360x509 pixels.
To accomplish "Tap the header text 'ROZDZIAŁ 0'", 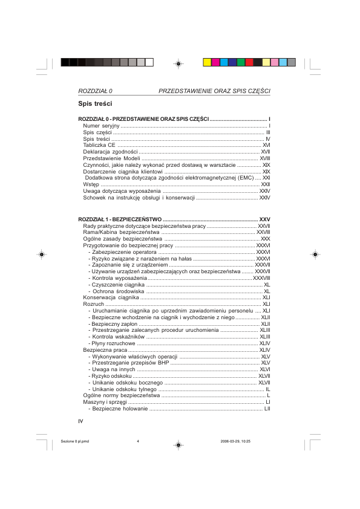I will [96, 91].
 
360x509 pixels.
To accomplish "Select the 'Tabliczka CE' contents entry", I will [99, 145].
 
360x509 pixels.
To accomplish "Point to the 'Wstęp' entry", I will [91, 184].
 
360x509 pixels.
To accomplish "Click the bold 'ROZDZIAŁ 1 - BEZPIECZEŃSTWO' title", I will [119, 218].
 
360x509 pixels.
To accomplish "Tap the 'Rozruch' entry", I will [93, 304].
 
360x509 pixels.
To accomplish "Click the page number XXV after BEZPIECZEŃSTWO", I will [264, 218].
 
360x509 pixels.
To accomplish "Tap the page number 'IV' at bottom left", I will [80, 421].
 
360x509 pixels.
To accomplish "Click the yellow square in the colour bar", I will [207, 62].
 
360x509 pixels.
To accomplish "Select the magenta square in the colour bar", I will [215, 62].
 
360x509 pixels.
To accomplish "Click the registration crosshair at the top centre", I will [178, 62].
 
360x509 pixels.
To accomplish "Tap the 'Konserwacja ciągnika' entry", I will [111, 297].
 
